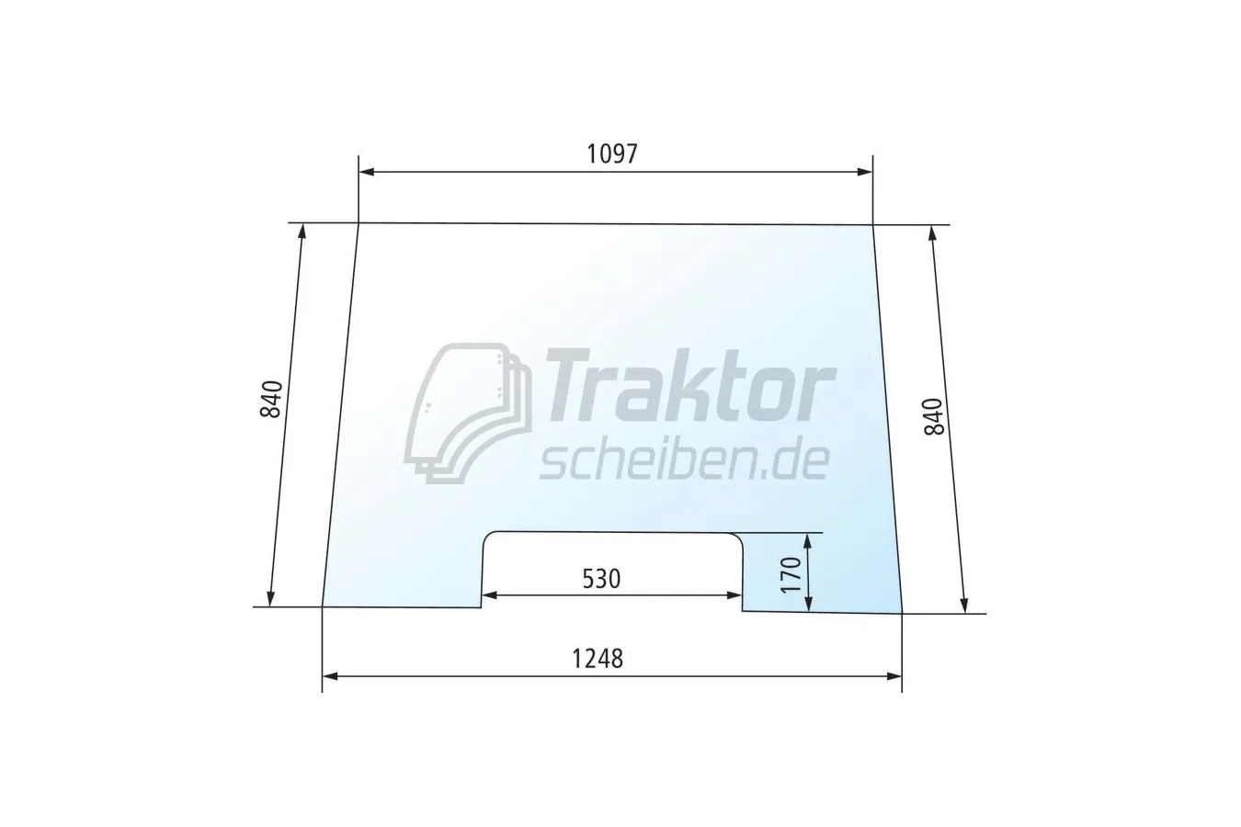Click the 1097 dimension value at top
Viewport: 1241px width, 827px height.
[612, 154]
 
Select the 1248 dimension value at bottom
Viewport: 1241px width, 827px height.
[598, 659]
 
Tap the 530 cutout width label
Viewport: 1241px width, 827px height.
[601, 579]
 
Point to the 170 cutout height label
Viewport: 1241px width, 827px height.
[791, 575]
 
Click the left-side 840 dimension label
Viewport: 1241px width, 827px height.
[271, 399]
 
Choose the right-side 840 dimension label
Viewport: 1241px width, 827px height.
[934, 416]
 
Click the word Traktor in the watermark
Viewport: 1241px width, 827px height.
[689, 385]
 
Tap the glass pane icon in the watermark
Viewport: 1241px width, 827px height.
[468, 413]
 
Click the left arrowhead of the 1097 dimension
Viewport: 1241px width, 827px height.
[366, 172]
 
